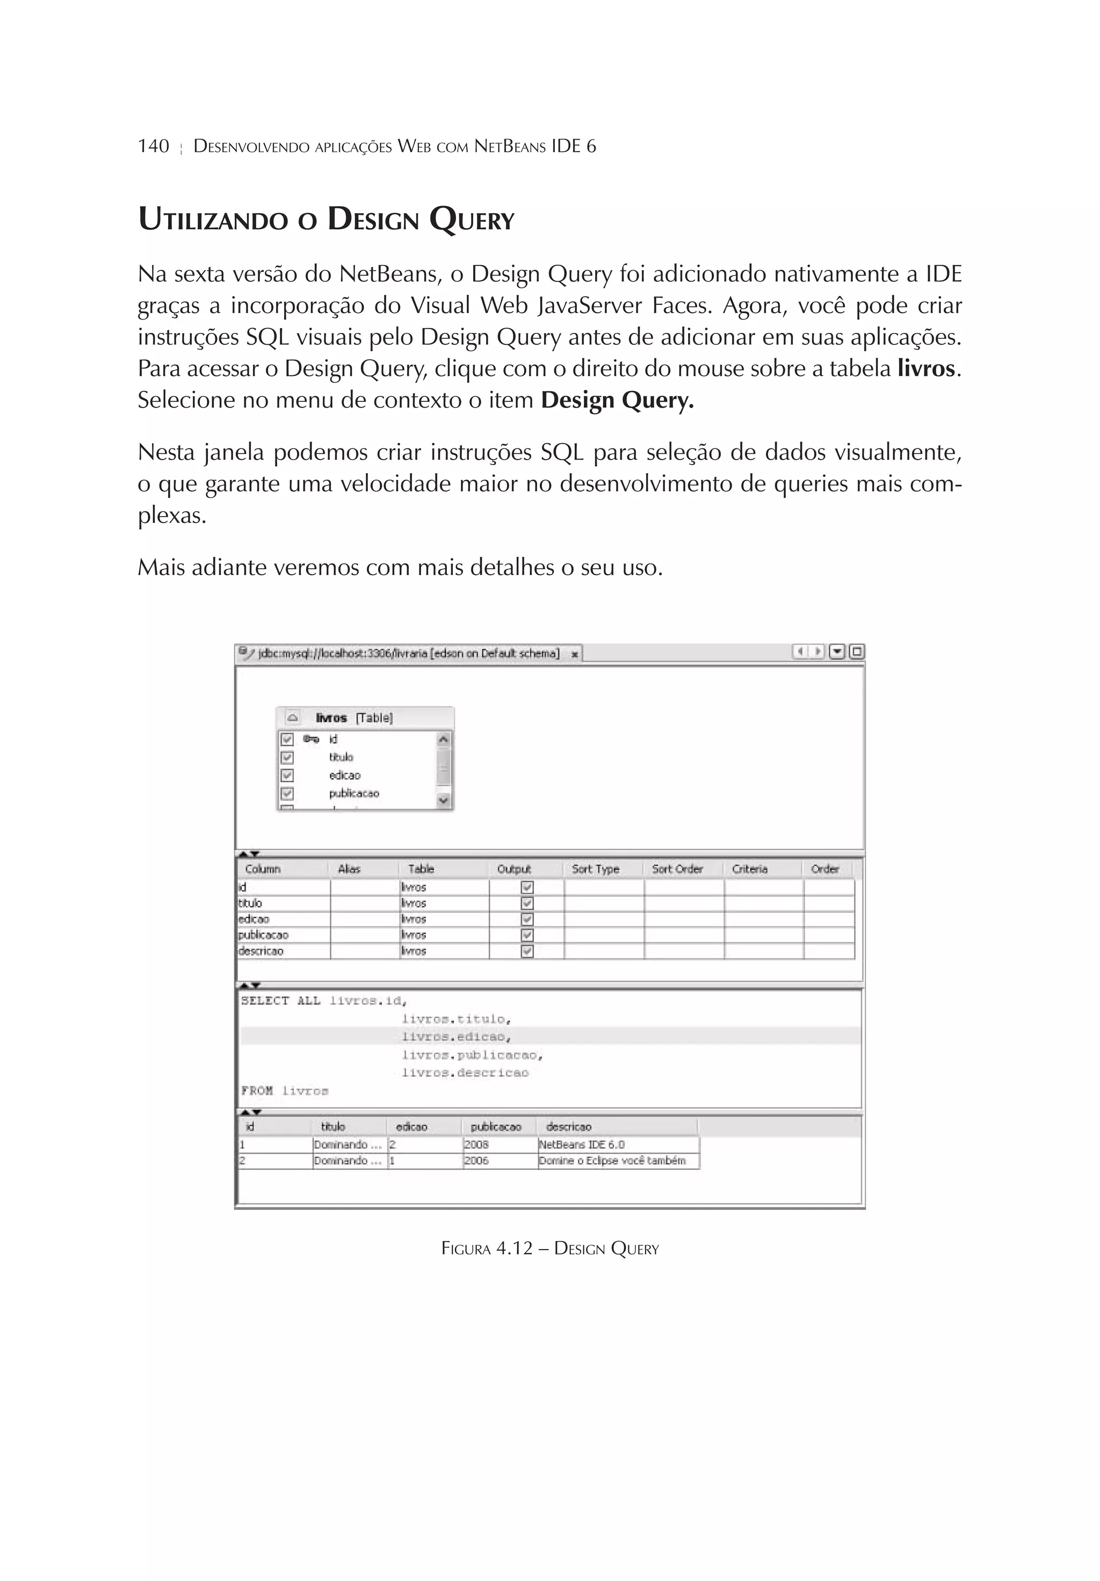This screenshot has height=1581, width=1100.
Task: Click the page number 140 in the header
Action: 153,146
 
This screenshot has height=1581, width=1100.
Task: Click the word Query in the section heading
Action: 472,220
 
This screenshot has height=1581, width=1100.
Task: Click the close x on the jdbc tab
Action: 574,654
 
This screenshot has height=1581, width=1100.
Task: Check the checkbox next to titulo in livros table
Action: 287,757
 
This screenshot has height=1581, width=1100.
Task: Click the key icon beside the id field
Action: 312,739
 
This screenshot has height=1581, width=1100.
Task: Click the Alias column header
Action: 349,869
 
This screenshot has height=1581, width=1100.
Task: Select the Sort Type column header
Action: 595,869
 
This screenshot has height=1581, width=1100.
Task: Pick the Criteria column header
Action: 749,869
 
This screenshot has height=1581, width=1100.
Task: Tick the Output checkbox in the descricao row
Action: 527,951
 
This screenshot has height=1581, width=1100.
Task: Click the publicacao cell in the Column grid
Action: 264,935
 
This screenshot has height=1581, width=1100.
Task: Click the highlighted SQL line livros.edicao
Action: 456,1036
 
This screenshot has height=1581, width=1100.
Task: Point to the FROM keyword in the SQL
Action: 257,1091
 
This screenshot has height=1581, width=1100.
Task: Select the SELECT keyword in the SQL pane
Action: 265,1000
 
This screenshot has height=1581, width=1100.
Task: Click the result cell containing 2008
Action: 476,1144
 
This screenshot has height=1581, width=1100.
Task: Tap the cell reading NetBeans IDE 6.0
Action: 582,1144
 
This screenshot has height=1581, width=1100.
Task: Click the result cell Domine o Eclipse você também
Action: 612,1161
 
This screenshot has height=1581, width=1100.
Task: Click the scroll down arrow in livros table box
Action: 444,800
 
